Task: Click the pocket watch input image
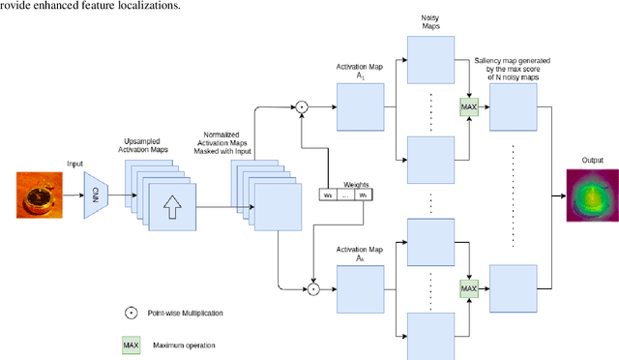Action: (39, 194)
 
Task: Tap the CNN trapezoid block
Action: (95, 193)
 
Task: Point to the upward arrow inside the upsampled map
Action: (170, 206)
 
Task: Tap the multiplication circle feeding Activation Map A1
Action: (301, 105)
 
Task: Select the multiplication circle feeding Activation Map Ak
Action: (312, 287)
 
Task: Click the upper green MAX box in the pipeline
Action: (470, 104)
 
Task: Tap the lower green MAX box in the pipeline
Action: (470, 287)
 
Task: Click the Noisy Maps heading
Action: (430, 24)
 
